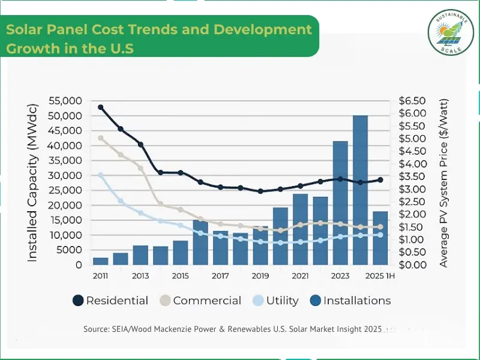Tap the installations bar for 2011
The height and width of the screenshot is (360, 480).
tap(100, 261)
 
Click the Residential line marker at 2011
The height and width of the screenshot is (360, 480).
tap(101, 107)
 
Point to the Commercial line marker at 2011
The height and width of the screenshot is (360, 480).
tap(101, 138)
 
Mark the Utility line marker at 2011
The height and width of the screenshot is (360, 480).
tap(101, 175)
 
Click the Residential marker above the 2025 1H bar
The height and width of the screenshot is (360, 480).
tap(380, 180)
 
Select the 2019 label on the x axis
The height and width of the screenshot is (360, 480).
tap(260, 276)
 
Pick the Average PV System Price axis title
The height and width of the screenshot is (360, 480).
tap(444, 183)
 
